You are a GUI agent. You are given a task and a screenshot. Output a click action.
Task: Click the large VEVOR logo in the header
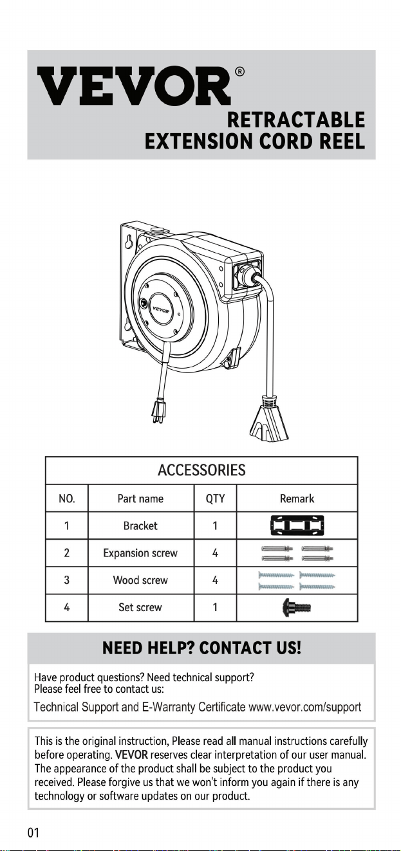[134, 86]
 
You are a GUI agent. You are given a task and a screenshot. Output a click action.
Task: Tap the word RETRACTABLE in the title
[296, 120]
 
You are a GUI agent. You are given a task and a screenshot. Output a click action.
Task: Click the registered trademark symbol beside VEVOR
[239, 71]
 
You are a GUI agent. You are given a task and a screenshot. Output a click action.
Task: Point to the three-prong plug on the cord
[158, 410]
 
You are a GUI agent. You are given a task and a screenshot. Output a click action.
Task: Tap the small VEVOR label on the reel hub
[161, 309]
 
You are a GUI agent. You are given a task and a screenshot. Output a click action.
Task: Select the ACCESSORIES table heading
[201, 470]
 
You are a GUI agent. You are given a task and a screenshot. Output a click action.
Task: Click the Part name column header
[140, 499]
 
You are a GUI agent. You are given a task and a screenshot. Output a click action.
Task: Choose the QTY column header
[215, 499]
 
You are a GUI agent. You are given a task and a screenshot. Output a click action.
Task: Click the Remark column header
[297, 499]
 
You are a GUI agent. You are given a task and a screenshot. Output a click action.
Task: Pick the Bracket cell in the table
[140, 526]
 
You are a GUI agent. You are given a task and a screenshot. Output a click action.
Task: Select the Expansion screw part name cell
[140, 553]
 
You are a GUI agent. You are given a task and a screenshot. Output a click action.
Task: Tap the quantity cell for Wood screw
[215, 580]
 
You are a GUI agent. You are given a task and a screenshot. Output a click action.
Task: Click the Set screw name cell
[140, 607]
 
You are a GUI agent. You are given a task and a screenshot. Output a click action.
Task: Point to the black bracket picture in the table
[297, 526]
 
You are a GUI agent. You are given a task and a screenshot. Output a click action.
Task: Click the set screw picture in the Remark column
[297, 607]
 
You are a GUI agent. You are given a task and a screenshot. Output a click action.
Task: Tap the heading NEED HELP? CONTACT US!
[201, 648]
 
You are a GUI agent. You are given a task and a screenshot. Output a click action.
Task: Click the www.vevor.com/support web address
[305, 707]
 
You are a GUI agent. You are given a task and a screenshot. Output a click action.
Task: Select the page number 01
[33, 833]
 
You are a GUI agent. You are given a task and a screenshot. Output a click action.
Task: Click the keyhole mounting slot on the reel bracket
[129, 242]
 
